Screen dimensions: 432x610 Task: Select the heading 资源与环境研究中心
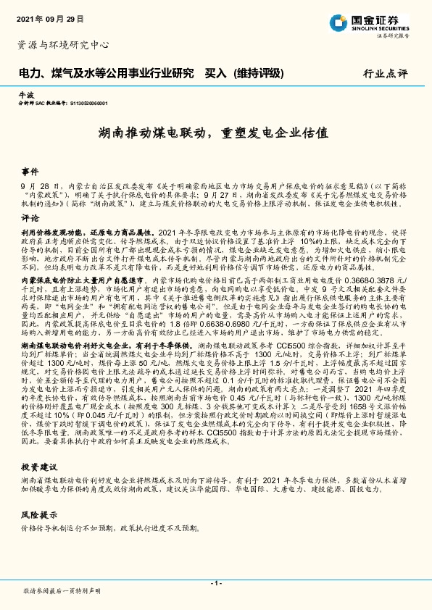[x=62, y=45]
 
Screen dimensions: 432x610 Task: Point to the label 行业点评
[x=384, y=73]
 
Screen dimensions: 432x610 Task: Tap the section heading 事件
[x=30, y=172]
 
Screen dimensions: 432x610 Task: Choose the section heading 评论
[x=30, y=217]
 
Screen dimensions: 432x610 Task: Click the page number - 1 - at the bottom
[x=215, y=582]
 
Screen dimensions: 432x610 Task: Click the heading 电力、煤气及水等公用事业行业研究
[x=106, y=72]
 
